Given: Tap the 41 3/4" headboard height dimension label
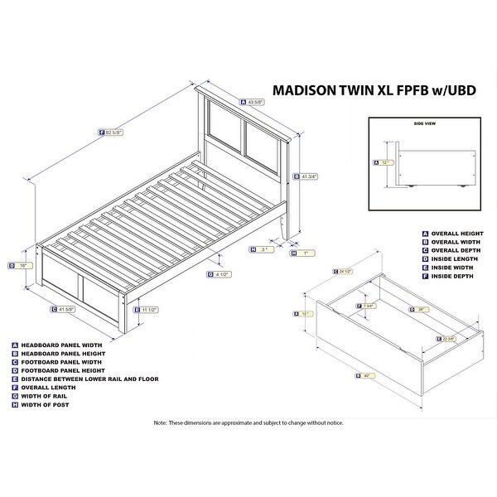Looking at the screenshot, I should point(309,176).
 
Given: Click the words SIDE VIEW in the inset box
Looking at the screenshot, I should point(424,122).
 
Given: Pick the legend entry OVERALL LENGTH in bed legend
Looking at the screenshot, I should point(49,386).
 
